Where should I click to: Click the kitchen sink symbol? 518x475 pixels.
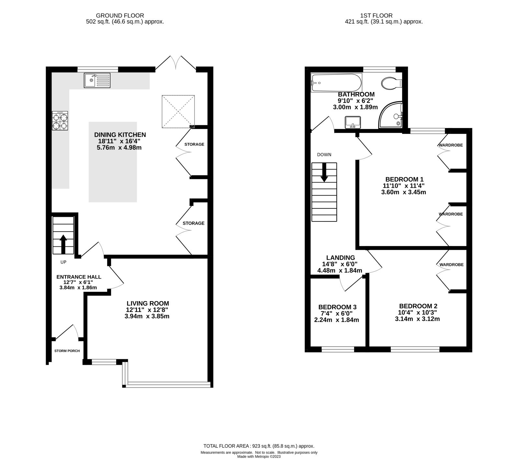(97, 80)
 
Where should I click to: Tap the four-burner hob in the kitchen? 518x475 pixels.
(60, 121)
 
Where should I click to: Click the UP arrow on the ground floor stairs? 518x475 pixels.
(63, 244)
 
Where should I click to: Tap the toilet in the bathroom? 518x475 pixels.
(391, 83)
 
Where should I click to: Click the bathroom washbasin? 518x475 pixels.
(353, 122)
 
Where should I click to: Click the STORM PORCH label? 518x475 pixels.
(67, 351)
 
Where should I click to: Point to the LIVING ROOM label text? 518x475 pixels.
(148, 303)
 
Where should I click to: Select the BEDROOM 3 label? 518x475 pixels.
(337, 307)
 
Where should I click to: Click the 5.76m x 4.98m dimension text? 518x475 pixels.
(119, 148)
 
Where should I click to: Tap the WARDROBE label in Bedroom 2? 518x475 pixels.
(451, 265)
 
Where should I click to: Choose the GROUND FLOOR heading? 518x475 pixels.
(120, 15)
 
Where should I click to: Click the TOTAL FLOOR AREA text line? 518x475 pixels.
(259, 446)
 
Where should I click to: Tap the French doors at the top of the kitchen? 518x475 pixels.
(176, 63)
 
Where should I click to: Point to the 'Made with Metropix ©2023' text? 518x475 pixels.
(259, 457)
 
